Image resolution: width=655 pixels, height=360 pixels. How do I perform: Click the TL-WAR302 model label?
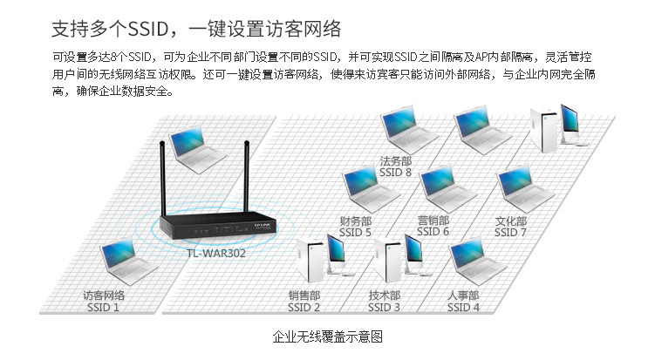coord(215,255)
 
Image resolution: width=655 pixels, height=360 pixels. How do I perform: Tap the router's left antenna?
coord(161,179)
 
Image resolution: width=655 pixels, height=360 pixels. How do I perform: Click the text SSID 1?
coord(103,307)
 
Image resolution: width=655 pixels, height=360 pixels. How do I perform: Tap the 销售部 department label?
coord(304,295)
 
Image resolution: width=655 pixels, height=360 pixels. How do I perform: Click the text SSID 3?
coord(385,307)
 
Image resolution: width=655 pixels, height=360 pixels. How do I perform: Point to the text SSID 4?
coord(463,307)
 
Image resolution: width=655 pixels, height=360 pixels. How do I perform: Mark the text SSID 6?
coord(433,232)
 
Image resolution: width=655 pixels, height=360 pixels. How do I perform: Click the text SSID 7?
coord(511,232)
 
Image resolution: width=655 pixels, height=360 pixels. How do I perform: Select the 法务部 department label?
coord(396,161)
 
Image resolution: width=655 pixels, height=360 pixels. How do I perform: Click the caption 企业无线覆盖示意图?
coord(327,336)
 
